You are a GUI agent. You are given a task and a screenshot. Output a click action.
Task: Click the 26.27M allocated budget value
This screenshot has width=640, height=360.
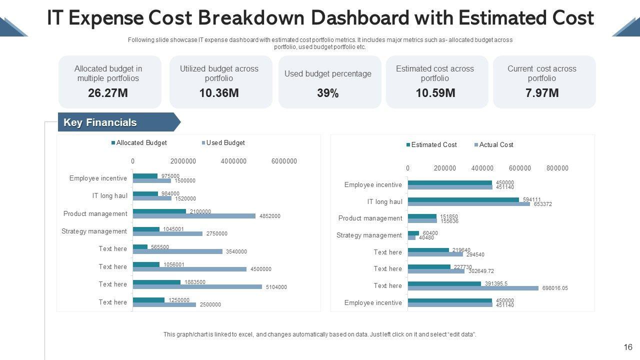click(x=108, y=93)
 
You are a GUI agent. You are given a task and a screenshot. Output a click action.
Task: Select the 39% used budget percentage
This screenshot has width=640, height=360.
click(x=328, y=93)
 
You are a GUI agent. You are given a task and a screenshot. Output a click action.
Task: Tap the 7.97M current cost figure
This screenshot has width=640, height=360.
click(x=542, y=93)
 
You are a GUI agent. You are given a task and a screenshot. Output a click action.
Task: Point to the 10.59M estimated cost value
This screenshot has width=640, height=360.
click(x=435, y=93)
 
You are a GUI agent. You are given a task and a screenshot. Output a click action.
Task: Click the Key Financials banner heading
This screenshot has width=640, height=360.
click(x=100, y=122)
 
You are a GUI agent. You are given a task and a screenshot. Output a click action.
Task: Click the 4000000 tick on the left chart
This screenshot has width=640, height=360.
click(x=233, y=161)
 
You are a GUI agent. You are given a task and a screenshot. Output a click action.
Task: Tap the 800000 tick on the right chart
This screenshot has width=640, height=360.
click(x=557, y=168)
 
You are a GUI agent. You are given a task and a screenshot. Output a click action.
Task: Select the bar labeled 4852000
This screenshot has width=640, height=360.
click(x=194, y=216)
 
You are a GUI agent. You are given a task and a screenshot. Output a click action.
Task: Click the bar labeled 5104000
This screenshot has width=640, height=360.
click(x=197, y=287)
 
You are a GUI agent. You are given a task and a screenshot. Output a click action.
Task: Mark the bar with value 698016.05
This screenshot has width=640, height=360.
click(x=473, y=288)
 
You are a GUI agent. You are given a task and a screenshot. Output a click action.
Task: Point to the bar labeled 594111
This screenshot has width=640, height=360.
click(x=463, y=199)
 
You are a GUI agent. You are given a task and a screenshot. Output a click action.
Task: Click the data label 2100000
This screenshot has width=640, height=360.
click(x=200, y=211)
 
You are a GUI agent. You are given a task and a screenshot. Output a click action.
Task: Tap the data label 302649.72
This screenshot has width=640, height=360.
click(x=480, y=271)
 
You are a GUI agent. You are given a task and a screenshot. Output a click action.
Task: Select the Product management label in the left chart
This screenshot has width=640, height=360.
click(x=95, y=214)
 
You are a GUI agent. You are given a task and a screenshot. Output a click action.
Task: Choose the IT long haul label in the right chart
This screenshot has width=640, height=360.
click(x=384, y=202)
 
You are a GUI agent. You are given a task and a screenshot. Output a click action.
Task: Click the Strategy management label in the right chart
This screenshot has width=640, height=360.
click(x=369, y=235)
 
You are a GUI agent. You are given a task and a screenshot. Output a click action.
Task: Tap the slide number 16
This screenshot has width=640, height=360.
click(x=628, y=347)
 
